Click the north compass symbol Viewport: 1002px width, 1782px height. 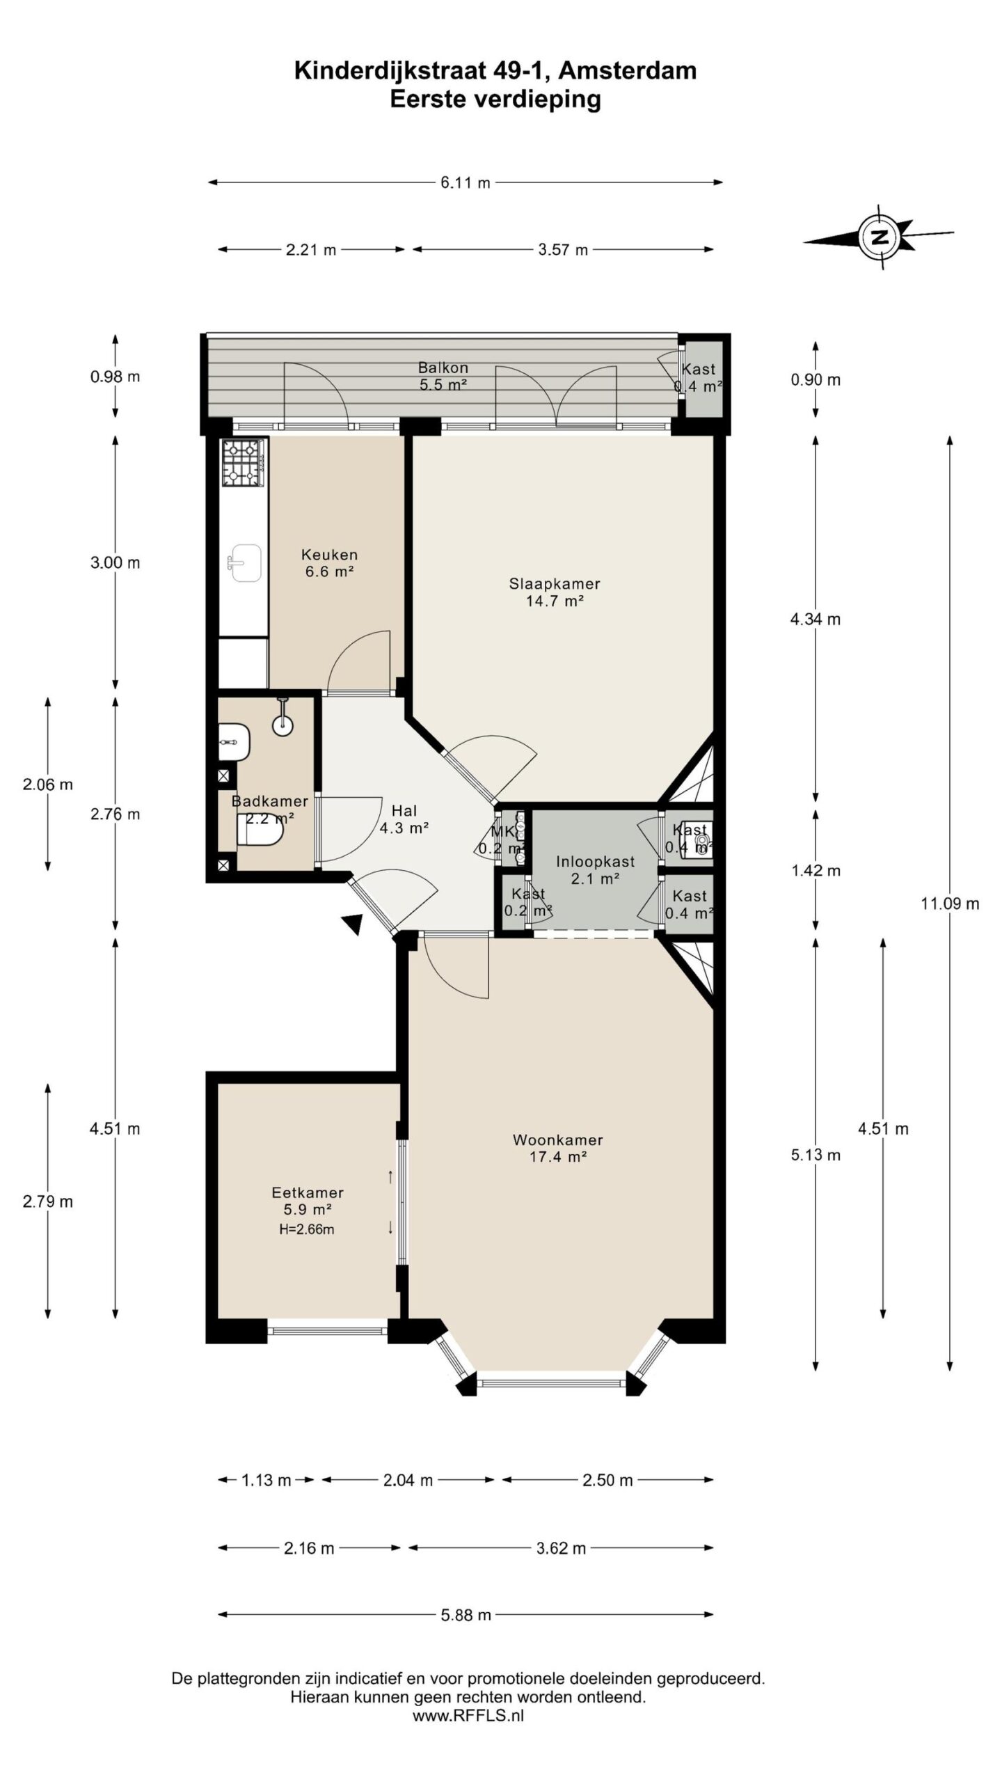[x=880, y=237]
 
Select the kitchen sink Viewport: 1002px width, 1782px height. [x=244, y=562]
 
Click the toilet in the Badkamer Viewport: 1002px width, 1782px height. [x=260, y=831]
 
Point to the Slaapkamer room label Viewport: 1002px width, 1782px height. [x=555, y=584]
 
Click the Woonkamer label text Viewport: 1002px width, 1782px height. [x=557, y=1140]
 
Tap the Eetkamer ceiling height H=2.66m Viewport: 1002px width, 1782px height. [x=307, y=1229]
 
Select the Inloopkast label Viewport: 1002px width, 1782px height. [x=595, y=862]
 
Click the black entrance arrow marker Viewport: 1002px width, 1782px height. [x=353, y=923]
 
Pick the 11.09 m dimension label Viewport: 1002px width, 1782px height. [x=950, y=904]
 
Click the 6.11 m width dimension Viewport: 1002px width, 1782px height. [x=465, y=182]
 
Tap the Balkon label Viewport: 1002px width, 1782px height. [x=443, y=368]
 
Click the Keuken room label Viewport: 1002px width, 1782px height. [x=329, y=555]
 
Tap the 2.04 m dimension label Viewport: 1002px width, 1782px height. [x=408, y=1481]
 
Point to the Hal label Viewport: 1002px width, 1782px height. [x=404, y=811]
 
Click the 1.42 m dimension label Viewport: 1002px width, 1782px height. [x=816, y=871]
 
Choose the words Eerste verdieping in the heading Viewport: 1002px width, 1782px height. [x=495, y=100]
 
